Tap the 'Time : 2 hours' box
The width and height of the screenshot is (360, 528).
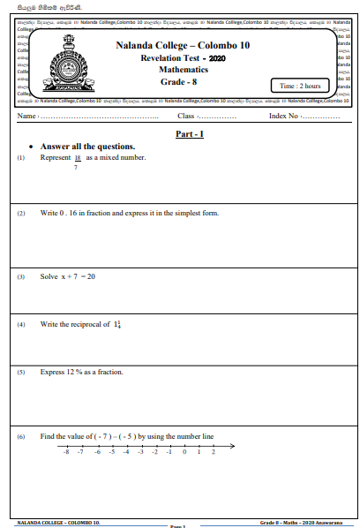301,86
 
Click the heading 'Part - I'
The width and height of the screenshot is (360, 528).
190,133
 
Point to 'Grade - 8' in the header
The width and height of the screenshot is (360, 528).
178,81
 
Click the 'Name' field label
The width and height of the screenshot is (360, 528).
26,117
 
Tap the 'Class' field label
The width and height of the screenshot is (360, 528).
185,117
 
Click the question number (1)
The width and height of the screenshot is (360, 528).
21,158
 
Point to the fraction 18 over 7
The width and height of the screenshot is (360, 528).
78,162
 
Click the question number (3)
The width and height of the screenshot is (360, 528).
21,277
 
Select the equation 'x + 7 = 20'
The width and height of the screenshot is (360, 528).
79,276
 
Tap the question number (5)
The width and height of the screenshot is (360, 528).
21,373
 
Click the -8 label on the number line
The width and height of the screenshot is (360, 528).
66,451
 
